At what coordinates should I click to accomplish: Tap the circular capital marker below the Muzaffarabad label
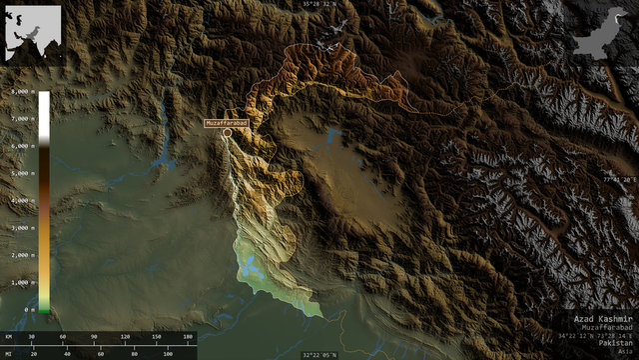227,132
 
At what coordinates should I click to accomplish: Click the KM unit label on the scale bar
8,337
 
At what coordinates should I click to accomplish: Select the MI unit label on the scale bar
8,353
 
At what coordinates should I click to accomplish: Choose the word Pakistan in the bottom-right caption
616,342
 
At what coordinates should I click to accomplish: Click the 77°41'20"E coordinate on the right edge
619,180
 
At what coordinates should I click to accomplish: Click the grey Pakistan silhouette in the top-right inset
603,32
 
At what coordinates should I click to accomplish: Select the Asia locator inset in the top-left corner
32,32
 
